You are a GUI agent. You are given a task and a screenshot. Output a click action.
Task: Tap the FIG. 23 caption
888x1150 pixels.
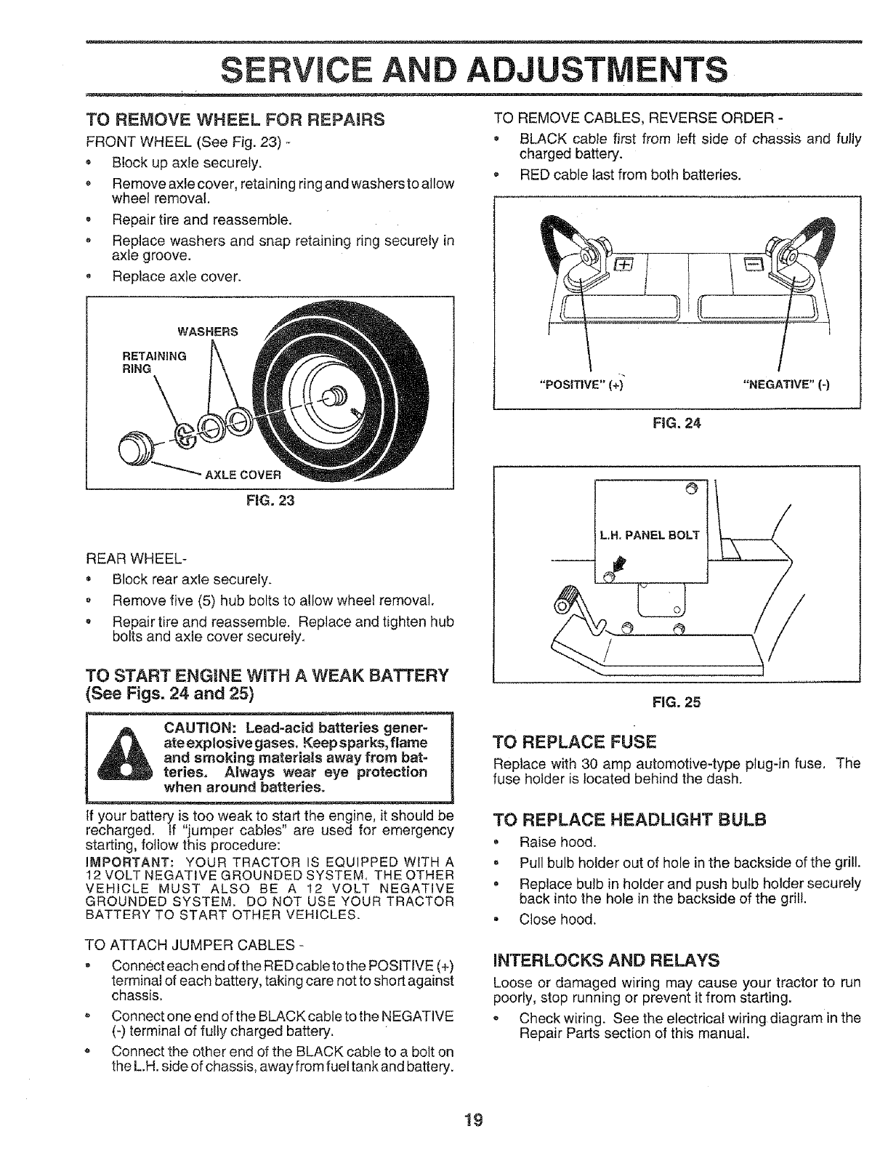270,501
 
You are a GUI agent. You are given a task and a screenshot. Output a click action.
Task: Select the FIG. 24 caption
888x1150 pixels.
677,423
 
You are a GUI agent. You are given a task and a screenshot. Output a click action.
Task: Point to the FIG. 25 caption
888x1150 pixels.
677,703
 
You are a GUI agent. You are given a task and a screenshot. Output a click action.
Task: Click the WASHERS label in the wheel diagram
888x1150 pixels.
208,332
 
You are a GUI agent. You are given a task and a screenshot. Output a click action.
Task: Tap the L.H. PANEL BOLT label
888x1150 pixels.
650,536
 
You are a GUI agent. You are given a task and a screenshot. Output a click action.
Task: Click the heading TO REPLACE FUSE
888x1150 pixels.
574,742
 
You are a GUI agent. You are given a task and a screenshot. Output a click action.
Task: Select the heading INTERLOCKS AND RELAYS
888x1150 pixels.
606,960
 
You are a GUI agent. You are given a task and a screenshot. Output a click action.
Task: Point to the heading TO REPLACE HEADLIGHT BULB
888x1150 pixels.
629,820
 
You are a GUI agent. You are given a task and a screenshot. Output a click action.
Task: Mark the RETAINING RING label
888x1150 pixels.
153,362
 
